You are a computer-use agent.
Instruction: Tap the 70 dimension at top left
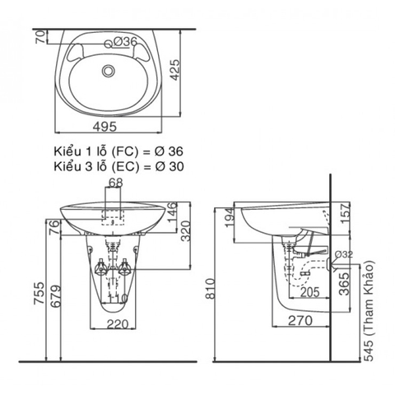[x=39, y=37]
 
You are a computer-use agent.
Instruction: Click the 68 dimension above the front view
[x=115, y=182]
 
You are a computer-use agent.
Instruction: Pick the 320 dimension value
[x=191, y=235]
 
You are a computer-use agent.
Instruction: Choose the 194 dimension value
[x=227, y=217]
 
